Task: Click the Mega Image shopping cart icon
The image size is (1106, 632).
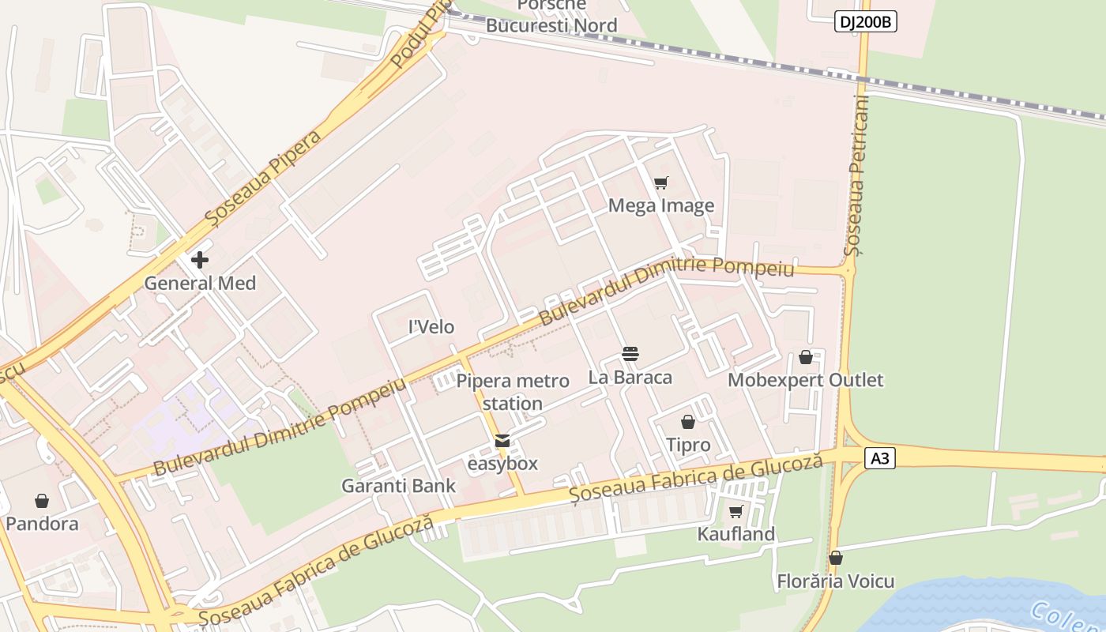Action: [x=661, y=183]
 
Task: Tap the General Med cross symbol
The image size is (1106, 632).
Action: [x=200, y=259]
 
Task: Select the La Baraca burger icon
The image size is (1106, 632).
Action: [x=630, y=353]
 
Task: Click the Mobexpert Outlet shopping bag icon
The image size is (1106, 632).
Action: [x=806, y=357]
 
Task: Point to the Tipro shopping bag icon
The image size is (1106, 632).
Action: [x=688, y=422]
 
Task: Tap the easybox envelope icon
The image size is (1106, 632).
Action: [x=502, y=441]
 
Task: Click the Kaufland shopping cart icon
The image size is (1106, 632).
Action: [x=735, y=512]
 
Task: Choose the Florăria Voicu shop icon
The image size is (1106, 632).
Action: [x=836, y=559]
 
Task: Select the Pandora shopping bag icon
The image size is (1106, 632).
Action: [x=42, y=501]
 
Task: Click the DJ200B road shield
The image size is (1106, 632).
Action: [x=865, y=22]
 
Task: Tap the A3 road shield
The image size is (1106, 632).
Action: [x=880, y=458]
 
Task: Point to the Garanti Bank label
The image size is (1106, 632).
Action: [x=398, y=486]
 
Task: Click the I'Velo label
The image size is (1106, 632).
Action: [x=431, y=326]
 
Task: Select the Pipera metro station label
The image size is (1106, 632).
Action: [x=513, y=392]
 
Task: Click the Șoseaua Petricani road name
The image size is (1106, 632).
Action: [x=857, y=175]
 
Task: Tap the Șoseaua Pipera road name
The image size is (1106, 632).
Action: [x=262, y=177]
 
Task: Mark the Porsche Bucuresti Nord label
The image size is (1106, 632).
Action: [x=551, y=16]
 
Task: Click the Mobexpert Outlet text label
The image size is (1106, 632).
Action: [x=806, y=380]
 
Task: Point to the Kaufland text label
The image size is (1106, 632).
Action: [x=736, y=534]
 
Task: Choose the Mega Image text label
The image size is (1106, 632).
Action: [x=661, y=206]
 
